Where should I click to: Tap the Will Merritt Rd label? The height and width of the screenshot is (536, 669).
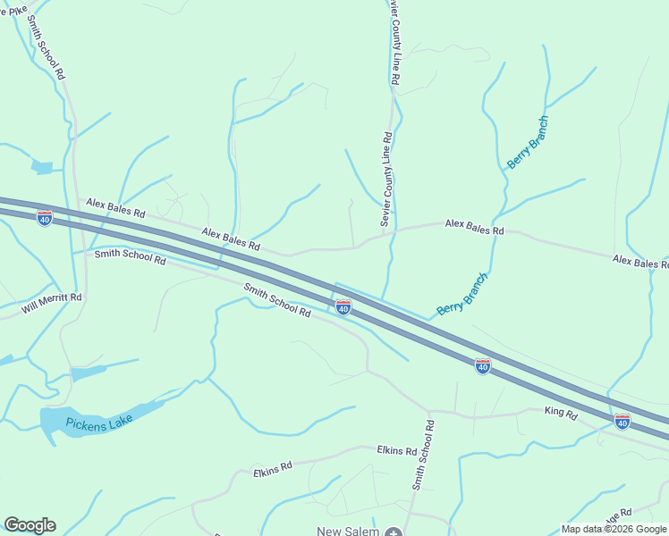pos(52,305)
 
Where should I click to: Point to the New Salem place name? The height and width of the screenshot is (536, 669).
pos(348,531)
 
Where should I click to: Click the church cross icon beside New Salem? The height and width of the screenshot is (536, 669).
pos(394,532)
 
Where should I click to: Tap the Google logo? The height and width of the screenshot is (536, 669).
pos(30,525)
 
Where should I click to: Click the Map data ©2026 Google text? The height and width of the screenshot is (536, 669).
pos(614,529)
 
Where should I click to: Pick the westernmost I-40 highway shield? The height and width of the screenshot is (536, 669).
pos(45,218)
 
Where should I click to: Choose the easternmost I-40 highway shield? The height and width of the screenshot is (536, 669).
pos(622,420)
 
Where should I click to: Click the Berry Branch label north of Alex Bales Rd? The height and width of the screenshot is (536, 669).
pos(527,143)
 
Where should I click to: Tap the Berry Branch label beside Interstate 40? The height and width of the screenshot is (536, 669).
pos(462,295)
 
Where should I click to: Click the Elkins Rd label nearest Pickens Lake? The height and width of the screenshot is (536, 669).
pos(273,468)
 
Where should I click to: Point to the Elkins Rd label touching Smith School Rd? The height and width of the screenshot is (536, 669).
pos(397,450)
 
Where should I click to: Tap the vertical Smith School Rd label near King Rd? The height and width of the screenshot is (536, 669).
pos(423,455)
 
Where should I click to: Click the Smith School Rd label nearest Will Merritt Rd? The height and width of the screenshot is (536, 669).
pos(131,257)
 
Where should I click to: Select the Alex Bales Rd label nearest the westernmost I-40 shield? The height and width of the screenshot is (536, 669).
pos(115,209)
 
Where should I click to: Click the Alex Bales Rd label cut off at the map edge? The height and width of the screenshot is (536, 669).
pos(639,262)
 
